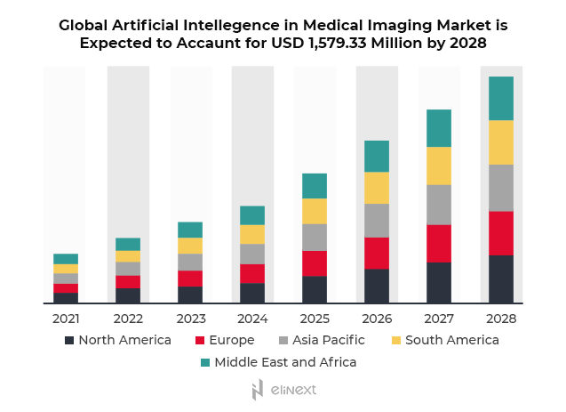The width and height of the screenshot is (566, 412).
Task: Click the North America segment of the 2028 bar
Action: click(x=501, y=279)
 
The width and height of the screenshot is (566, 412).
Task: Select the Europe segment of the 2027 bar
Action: click(x=439, y=243)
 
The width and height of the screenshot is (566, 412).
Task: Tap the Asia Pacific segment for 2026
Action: click(x=377, y=221)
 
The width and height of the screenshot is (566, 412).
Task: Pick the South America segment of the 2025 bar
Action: click(x=315, y=211)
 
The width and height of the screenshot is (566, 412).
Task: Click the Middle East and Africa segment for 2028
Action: click(x=501, y=98)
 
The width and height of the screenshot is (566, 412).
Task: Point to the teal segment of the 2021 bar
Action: click(x=66, y=259)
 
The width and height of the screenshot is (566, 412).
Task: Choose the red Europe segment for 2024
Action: click(x=252, y=273)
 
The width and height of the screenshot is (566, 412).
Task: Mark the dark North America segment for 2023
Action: click(x=190, y=295)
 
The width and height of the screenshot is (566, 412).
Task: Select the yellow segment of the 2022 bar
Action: click(x=128, y=256)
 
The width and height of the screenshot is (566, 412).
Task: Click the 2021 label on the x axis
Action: click(x=66, y=318)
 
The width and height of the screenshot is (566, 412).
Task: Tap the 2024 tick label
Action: click(x=252, y=318)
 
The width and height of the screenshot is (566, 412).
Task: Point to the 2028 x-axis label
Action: click(x=501, y=318)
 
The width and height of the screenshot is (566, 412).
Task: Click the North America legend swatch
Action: click(x=69, y=340)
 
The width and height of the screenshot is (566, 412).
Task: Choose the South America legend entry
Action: click(x=451, y=340)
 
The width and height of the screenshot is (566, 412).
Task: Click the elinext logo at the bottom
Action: click(x=283, y=390)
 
